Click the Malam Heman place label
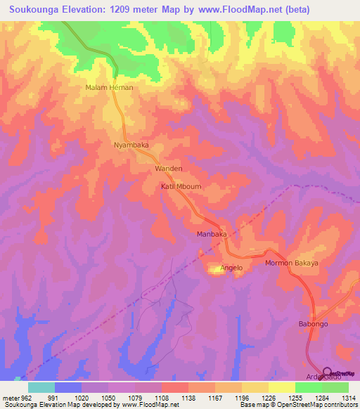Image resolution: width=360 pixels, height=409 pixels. tap(109, 88)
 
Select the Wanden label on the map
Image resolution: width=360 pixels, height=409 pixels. tap(169, 169)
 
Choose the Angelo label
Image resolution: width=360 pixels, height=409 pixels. tap(231, 268)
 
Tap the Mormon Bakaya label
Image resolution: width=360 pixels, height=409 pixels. tap(291, 263)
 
